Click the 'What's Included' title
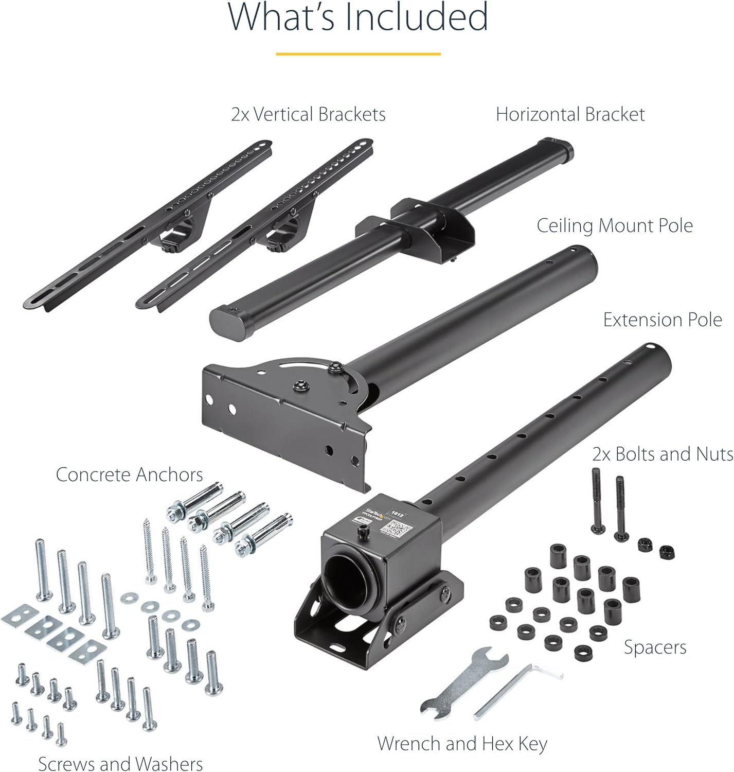click(x=358, y=18)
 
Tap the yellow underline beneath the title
click(x=358, y=54)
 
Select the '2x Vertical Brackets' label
click(x=308, y=114)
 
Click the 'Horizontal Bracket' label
click(x=570, y=114)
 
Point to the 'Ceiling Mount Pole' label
click(x=615, y=225)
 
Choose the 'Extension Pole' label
click(x=663, y=320)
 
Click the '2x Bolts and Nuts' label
click(x=663, y=454)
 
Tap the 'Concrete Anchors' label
click(x=129, y=475)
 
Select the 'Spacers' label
click(x=655, y=647)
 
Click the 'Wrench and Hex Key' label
click(x=462, y=743)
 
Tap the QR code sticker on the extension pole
click(x=399, y=528)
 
